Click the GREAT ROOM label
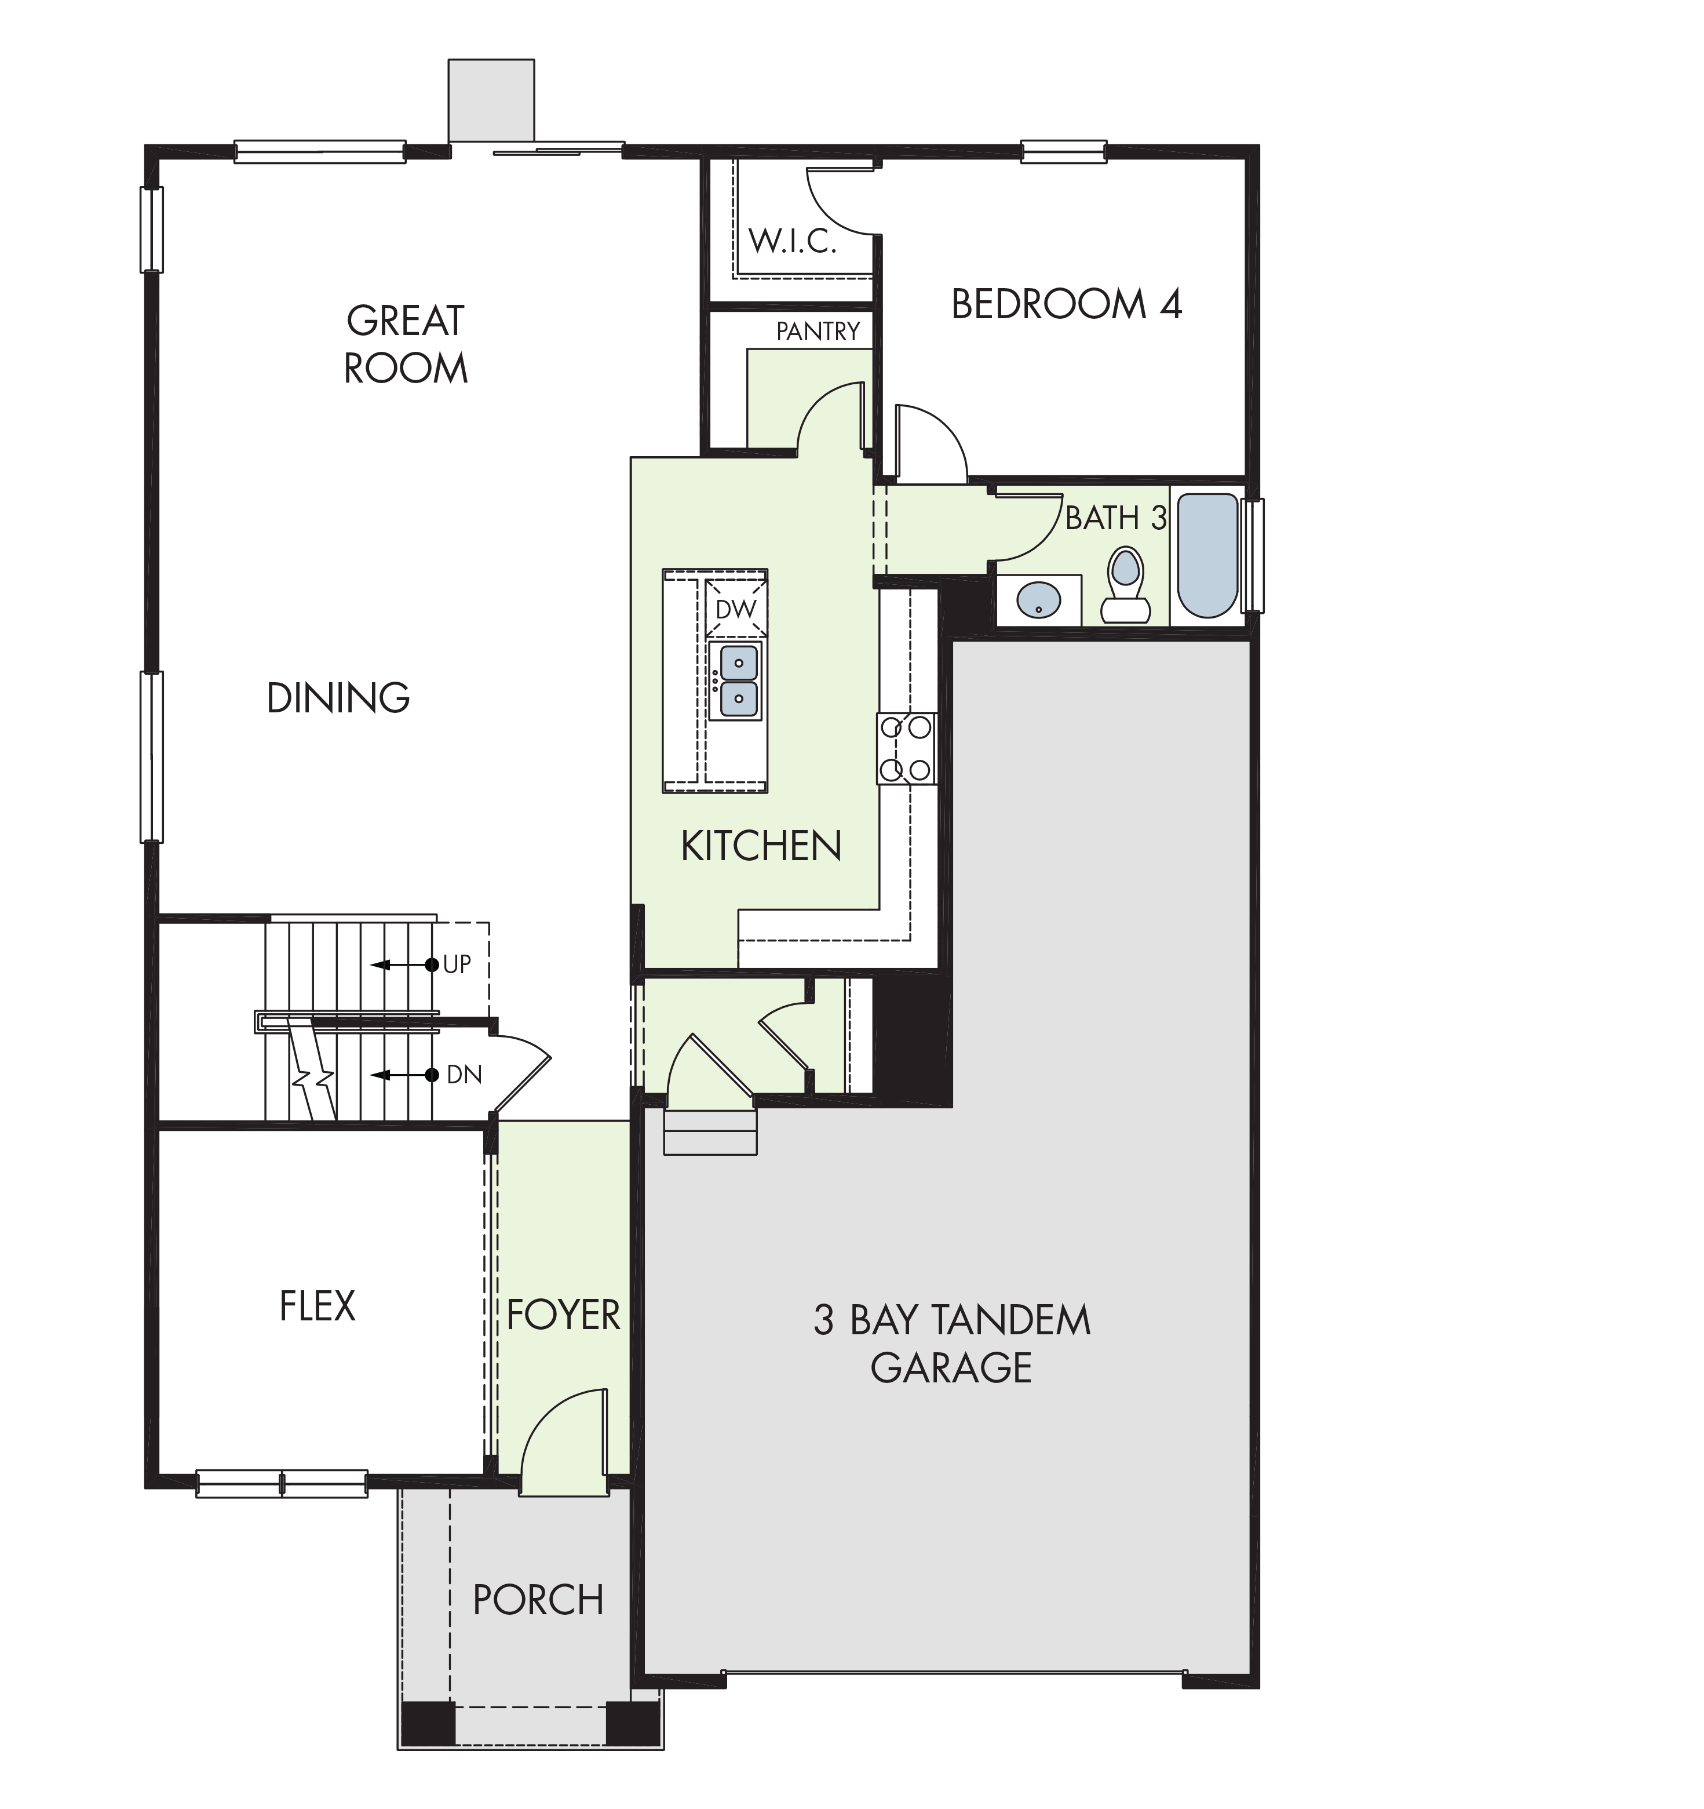click(406, 345)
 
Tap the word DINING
click(338, 698)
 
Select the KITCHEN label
click(761, 846)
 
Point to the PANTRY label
click(818, 331)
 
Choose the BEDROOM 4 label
click(1066, 304)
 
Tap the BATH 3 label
click(1115, 518)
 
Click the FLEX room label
click(316, 1306)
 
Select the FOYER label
click(563, 1315)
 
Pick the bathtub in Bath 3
click(1208, 555)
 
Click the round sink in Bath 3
click(1038, 600)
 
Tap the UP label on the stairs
click(457, 964)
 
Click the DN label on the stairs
click(464, 1075)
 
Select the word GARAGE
click(951, 1368)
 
